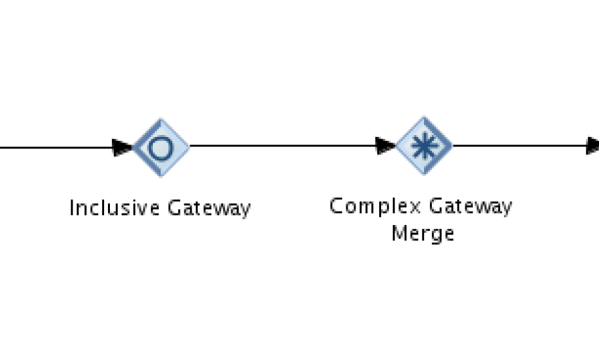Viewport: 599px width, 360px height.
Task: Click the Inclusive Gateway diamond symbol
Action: pos(161,148)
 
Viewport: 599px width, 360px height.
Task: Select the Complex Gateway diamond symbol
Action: pos(424,146)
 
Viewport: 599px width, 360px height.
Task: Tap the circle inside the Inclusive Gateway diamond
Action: pos(161,148)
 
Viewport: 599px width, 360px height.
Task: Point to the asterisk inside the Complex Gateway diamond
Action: pos(424,146)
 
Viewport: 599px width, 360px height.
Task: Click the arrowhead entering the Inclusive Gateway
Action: pos(122,148)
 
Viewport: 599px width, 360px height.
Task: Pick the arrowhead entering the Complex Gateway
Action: pos(385,146)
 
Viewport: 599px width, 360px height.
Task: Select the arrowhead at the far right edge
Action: pos(592,146)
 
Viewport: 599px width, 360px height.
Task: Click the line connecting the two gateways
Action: pos(283,146)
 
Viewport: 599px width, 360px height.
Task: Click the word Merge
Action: pos(422,233)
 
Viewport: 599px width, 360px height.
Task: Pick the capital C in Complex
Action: pos(336,206)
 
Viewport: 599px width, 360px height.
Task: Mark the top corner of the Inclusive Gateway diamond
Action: pos(161,120)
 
